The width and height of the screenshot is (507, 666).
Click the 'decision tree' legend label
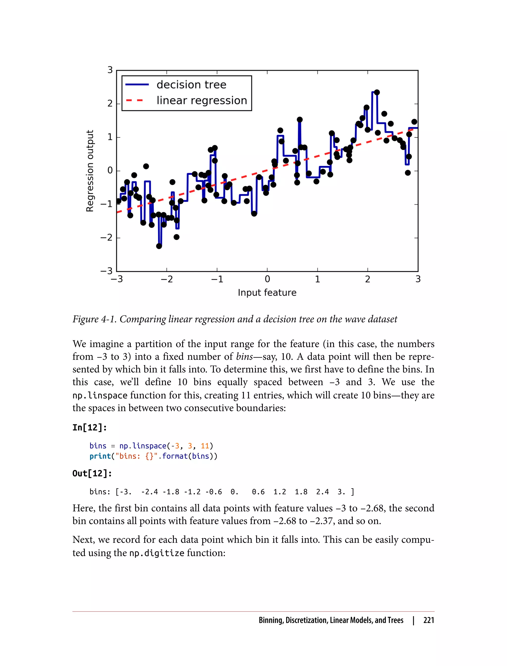pyautogui.click(x=191, y=84)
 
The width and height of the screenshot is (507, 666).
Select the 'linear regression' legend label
pyautogui.click(x=202, y=100)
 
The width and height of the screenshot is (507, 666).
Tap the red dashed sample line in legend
pyautogui.click(x=135, y=100)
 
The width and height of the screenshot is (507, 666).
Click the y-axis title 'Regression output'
pyautogui.click(x=90, y=171)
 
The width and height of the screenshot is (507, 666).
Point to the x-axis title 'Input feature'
pyautogui.click(x=267, y=292)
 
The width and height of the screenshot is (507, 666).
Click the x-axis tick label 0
pyautogui.click(x=267, y=279)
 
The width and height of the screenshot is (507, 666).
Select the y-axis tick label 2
pyautogui.click(x=110, y=104)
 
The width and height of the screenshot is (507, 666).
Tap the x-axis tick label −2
pyautogui.click(x=167, y=279)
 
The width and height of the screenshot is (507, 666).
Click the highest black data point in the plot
pyautogui.click(x=377, y=92)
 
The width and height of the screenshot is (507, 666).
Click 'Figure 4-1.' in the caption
pyautogui.click(x=95, y=319)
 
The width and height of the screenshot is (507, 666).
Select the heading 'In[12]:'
pyautogui.click(x=90, y=427)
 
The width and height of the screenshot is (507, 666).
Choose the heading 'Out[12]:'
pyautogui.click(x=92, y=473)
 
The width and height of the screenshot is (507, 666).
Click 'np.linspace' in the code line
pyautogui.click(x=143, y=446)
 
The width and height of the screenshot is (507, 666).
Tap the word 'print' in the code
pyautogui.click(x=100, y=456)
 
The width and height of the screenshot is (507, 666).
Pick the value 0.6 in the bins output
pyautogui.click(x=258, y=492)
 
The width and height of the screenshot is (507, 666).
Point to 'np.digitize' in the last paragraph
pyautogui.click(x=157, y=553)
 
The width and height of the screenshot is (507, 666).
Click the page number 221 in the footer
pyautogui.click(x=429, y=620)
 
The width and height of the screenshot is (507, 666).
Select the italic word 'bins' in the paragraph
pyautogui.click(x=244, y=357)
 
